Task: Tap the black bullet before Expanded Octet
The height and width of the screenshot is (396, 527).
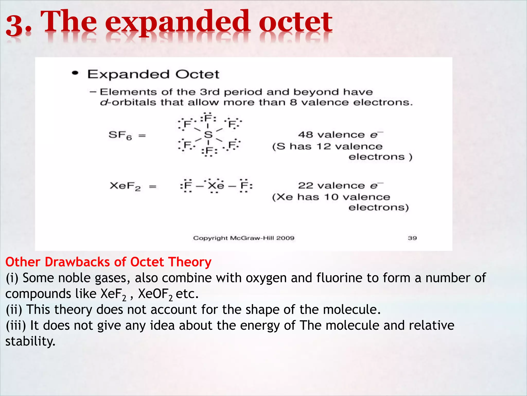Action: (x=75, y=73)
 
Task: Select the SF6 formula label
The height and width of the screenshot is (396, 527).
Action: (x=120, y=135)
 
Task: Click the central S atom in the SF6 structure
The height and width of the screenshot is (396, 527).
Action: (x=208, y=135)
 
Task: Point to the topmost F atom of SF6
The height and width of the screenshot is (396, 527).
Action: (x=208, y=118)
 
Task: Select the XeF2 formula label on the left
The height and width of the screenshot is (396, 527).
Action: (x=125, y=186)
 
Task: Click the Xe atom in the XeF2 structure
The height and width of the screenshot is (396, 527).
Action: (x=216, y=186)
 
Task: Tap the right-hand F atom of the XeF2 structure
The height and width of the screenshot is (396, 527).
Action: (x=244, y=186)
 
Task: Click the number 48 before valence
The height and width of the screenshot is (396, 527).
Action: (x=305, y=135)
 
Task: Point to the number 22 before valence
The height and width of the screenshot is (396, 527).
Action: (x=305, y=185)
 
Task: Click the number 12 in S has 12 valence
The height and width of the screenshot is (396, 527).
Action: (x=323, y=146)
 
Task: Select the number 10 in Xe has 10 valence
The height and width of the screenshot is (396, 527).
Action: (x=331, y=197)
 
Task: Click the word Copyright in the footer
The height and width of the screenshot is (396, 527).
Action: (x=210, y=238)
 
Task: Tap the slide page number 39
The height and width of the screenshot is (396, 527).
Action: (x=412, y=238)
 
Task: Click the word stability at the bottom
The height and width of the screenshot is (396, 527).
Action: (x=30, y=341)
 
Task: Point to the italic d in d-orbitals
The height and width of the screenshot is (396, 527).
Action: (x=103, y=102)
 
